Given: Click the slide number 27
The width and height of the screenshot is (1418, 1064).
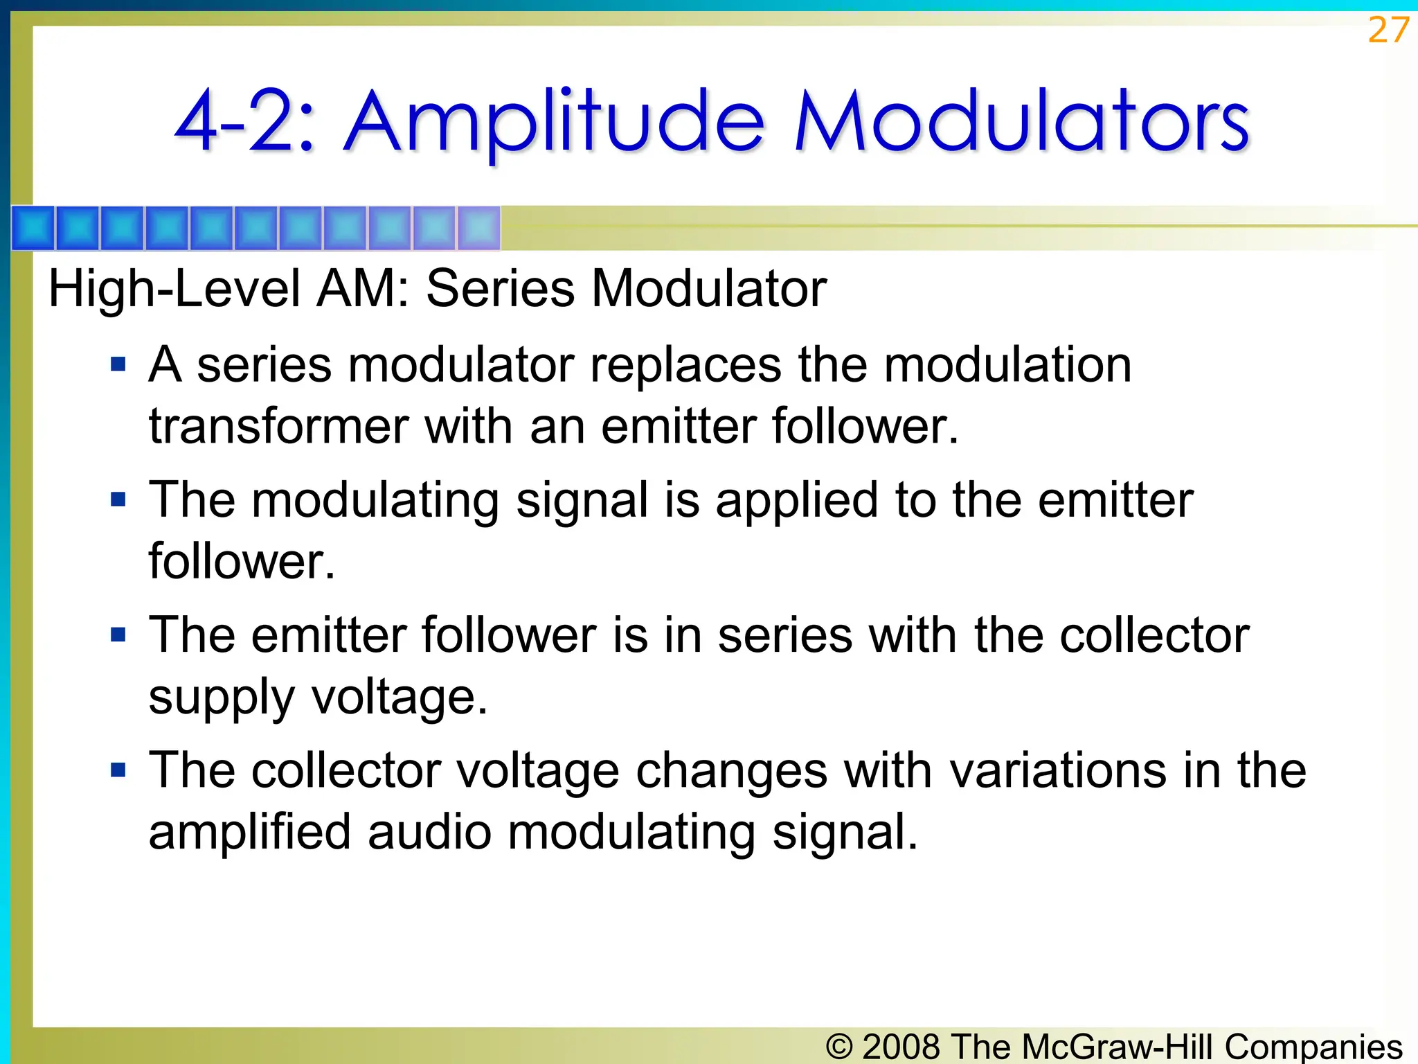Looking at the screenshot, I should pyautogui.click(x=1388, y=30).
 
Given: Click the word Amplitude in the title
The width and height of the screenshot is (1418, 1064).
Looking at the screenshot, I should pyautogui.click(x=555, y=123).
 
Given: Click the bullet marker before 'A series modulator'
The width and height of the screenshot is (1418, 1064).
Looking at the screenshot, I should pyautogui.click(x=118, y=364).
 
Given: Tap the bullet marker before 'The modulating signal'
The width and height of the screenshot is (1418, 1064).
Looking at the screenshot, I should pyautogui.click(x=118, y=499).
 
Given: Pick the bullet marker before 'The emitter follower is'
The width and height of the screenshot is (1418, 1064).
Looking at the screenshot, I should pyautogui.click(x=118, y=635).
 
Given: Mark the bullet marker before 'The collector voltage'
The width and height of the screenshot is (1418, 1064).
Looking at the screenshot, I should pyautogui.click(x=118, y=770).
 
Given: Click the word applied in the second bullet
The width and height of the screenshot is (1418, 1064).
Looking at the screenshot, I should pyautogui.click(x=797, y=500).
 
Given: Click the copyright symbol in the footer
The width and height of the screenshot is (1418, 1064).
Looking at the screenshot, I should pyautogui.click(x=839, y=1046).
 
